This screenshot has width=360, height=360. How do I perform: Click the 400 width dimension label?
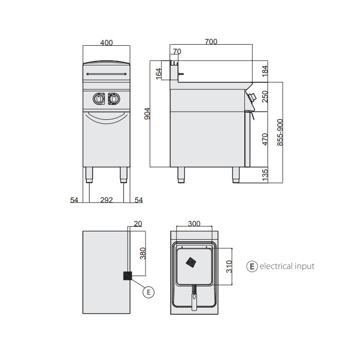(106, 43)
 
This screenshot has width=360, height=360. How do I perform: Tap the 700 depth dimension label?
(211, 42)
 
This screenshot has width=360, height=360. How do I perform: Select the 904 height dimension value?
(147, 114)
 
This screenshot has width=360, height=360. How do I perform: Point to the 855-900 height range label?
(280, 132)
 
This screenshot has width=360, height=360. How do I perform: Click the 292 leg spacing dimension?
(106, 200)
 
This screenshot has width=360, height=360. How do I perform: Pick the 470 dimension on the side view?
(265, 139)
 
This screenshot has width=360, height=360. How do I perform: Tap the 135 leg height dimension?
(265, 175)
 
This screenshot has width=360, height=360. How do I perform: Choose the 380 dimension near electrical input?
(143, 254)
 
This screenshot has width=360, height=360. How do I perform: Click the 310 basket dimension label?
(229, 266)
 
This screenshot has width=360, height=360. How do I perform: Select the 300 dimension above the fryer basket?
(194, 223)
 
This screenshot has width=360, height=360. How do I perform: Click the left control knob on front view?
(99, 99)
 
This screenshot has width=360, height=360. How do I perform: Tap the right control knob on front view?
(114, 99)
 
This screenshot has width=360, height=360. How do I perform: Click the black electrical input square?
(128, 276)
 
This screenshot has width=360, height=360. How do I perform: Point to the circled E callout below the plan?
(149, 292)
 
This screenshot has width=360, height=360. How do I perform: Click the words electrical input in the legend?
(287, 266)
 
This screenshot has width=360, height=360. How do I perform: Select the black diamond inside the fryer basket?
(191, 262)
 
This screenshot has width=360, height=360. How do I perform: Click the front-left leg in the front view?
(89, 175)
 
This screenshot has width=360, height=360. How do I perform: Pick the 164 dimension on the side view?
(158, 74)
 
